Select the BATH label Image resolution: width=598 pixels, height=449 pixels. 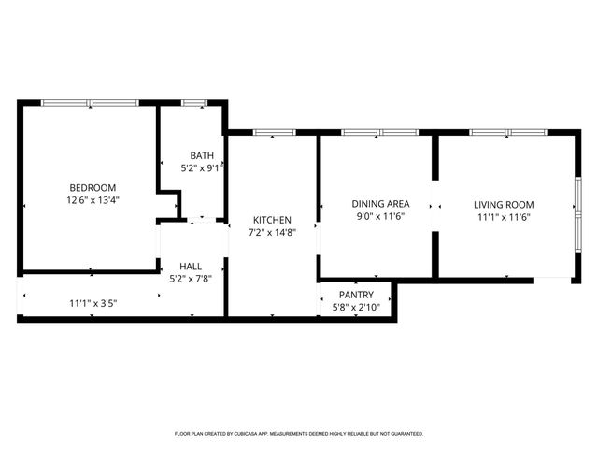(202, 155)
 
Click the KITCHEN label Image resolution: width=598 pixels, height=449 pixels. (270, 219)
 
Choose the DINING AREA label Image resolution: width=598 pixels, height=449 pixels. (380, 204)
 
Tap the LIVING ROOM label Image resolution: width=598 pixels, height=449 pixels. (504, 204)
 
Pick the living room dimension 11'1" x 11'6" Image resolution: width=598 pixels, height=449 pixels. (504, 217)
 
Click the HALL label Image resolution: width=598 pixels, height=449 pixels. (191, 266)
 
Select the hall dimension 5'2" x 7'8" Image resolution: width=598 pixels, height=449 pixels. (191, 278)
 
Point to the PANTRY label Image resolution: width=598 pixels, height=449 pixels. (356, 295)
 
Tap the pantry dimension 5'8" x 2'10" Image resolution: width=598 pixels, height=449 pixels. (356, 306)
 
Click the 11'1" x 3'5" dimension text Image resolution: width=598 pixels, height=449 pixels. (93, 303)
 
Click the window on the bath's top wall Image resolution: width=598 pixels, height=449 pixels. (194, 102)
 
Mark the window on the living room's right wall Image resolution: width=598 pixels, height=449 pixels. (577, 204)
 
